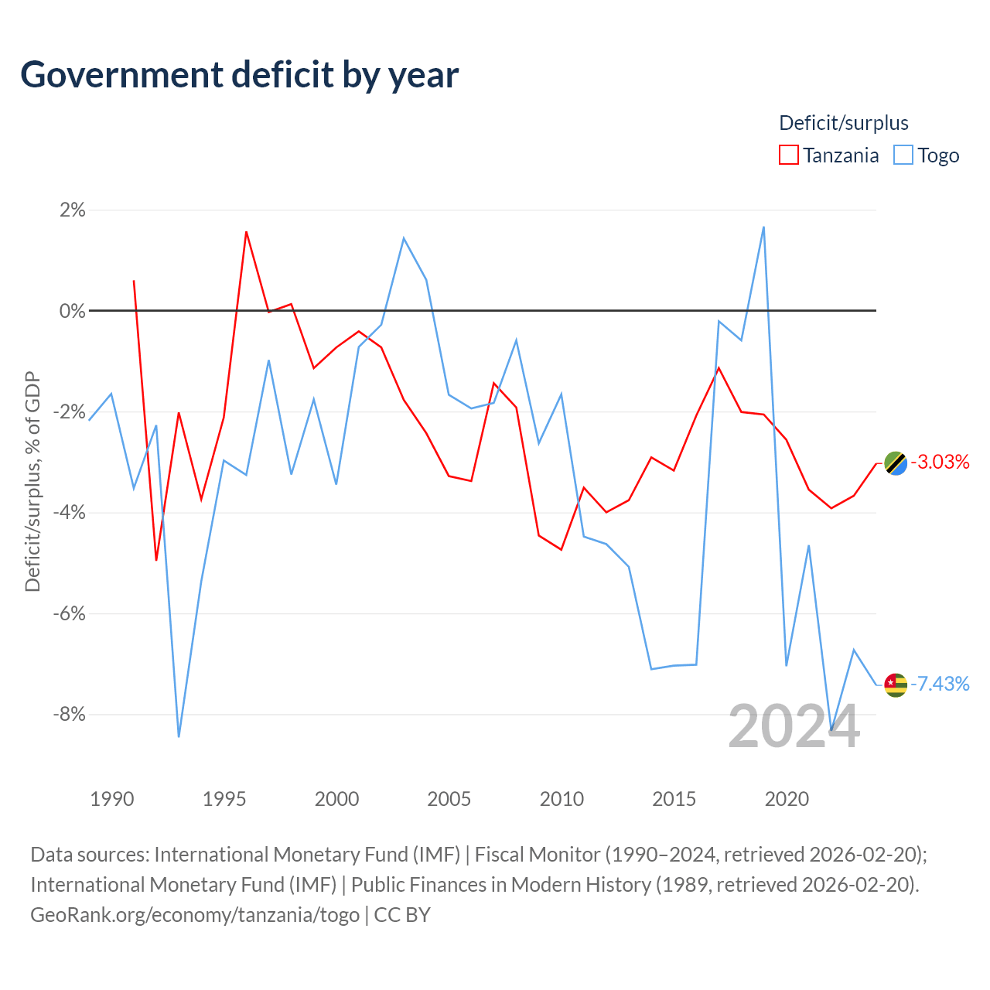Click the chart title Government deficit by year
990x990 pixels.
239,75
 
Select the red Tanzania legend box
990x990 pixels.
788,155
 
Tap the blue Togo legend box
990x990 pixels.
903,155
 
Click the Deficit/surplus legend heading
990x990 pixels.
844,123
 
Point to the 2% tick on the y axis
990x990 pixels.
73,210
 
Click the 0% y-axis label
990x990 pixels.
73,311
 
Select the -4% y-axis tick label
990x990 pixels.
70,512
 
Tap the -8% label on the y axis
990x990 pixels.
70,714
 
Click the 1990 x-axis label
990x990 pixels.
111,799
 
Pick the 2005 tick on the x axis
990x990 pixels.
449,799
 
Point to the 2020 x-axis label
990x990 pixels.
787,799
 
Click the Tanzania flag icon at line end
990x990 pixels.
896,463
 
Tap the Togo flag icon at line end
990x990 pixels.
896,684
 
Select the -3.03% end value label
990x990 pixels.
940,463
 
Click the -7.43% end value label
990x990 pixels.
940,684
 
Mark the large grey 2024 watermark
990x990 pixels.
794,726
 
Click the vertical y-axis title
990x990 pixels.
32,481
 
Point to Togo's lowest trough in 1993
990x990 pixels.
179,736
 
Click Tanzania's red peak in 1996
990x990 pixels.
246,232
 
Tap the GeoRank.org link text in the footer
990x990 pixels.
195,915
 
